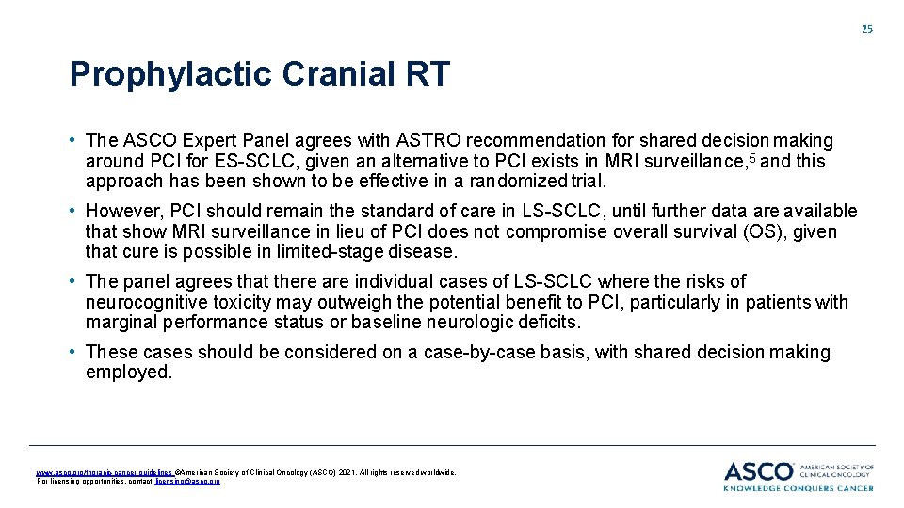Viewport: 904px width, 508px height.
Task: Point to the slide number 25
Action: click(x=866, y=29)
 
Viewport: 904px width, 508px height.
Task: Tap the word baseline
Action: click(x=386, y=323)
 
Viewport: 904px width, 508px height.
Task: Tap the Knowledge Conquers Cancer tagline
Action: click(x=799, y=487)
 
